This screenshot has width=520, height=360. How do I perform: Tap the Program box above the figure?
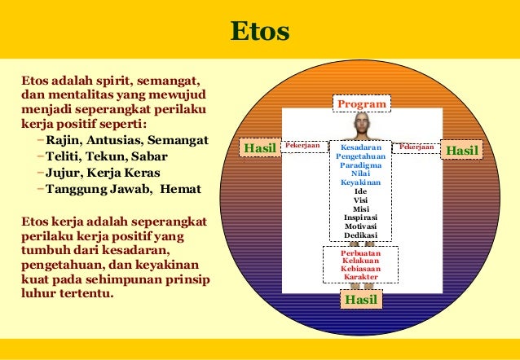(x=361, y=104)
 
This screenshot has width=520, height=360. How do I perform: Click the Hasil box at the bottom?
(x=360, y=300)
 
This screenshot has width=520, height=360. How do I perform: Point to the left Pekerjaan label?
(x=302, y=147)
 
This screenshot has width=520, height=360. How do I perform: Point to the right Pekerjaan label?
(x=416, y=147)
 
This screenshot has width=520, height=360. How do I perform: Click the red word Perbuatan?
(x=360, y=252)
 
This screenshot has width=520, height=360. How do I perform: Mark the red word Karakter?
(x=360, y=278)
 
